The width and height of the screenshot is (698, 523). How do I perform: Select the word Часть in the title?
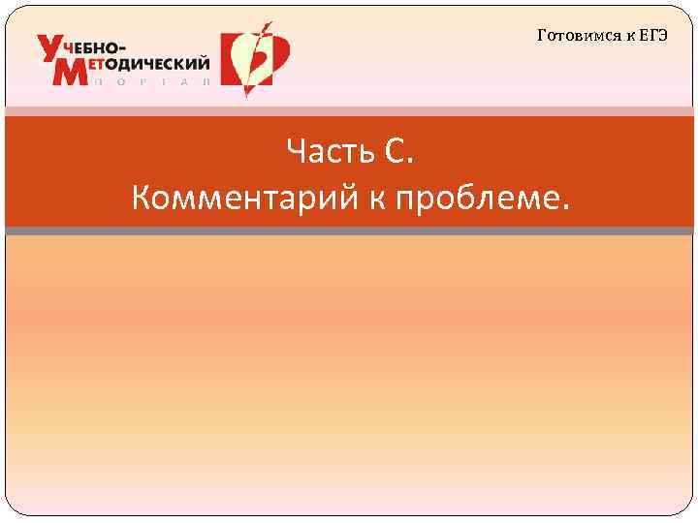tap(326, 151)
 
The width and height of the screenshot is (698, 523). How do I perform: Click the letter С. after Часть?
tap(398, 151)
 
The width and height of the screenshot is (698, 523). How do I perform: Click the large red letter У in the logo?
tap(52, 49)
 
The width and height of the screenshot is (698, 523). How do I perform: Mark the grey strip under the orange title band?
tap(349, 231)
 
